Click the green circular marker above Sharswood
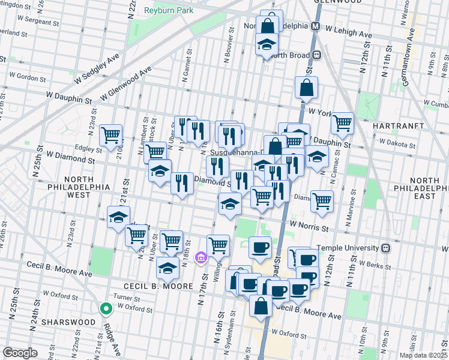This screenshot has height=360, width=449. pyautogui.click(x=106, y=309)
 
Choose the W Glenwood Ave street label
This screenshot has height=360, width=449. pyautogui.click(x=125, y=85)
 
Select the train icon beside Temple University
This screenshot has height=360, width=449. pyautogui.click(x=387, y=248)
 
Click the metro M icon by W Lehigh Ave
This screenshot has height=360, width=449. pyautogui.click(x=315, y=26)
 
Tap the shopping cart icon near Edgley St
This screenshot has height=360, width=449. pyautogui.click(x=110, y=136)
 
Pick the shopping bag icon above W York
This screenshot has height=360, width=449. pyautogui.click(x=306, y=88)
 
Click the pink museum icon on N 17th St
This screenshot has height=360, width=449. pyautogui.click(x=201, y=258)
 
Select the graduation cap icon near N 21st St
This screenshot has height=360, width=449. pyautogui.click(x=118, y=217)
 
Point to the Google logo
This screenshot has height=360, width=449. pyautogui.click(x=20, y=353)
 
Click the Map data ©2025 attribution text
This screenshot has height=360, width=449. pyautogui.click(x=423, y=355)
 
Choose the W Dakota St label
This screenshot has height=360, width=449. pyautogui.click(x=395, y=145)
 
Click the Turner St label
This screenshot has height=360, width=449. pyautogui.click(x=128, y=298)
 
